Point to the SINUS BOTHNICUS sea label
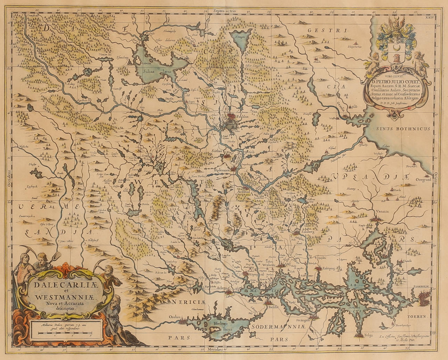tap(404, 129)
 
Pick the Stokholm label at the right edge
tap(422, 287)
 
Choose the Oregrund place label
tap(421, 180)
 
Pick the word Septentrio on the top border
tap(225, 11)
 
